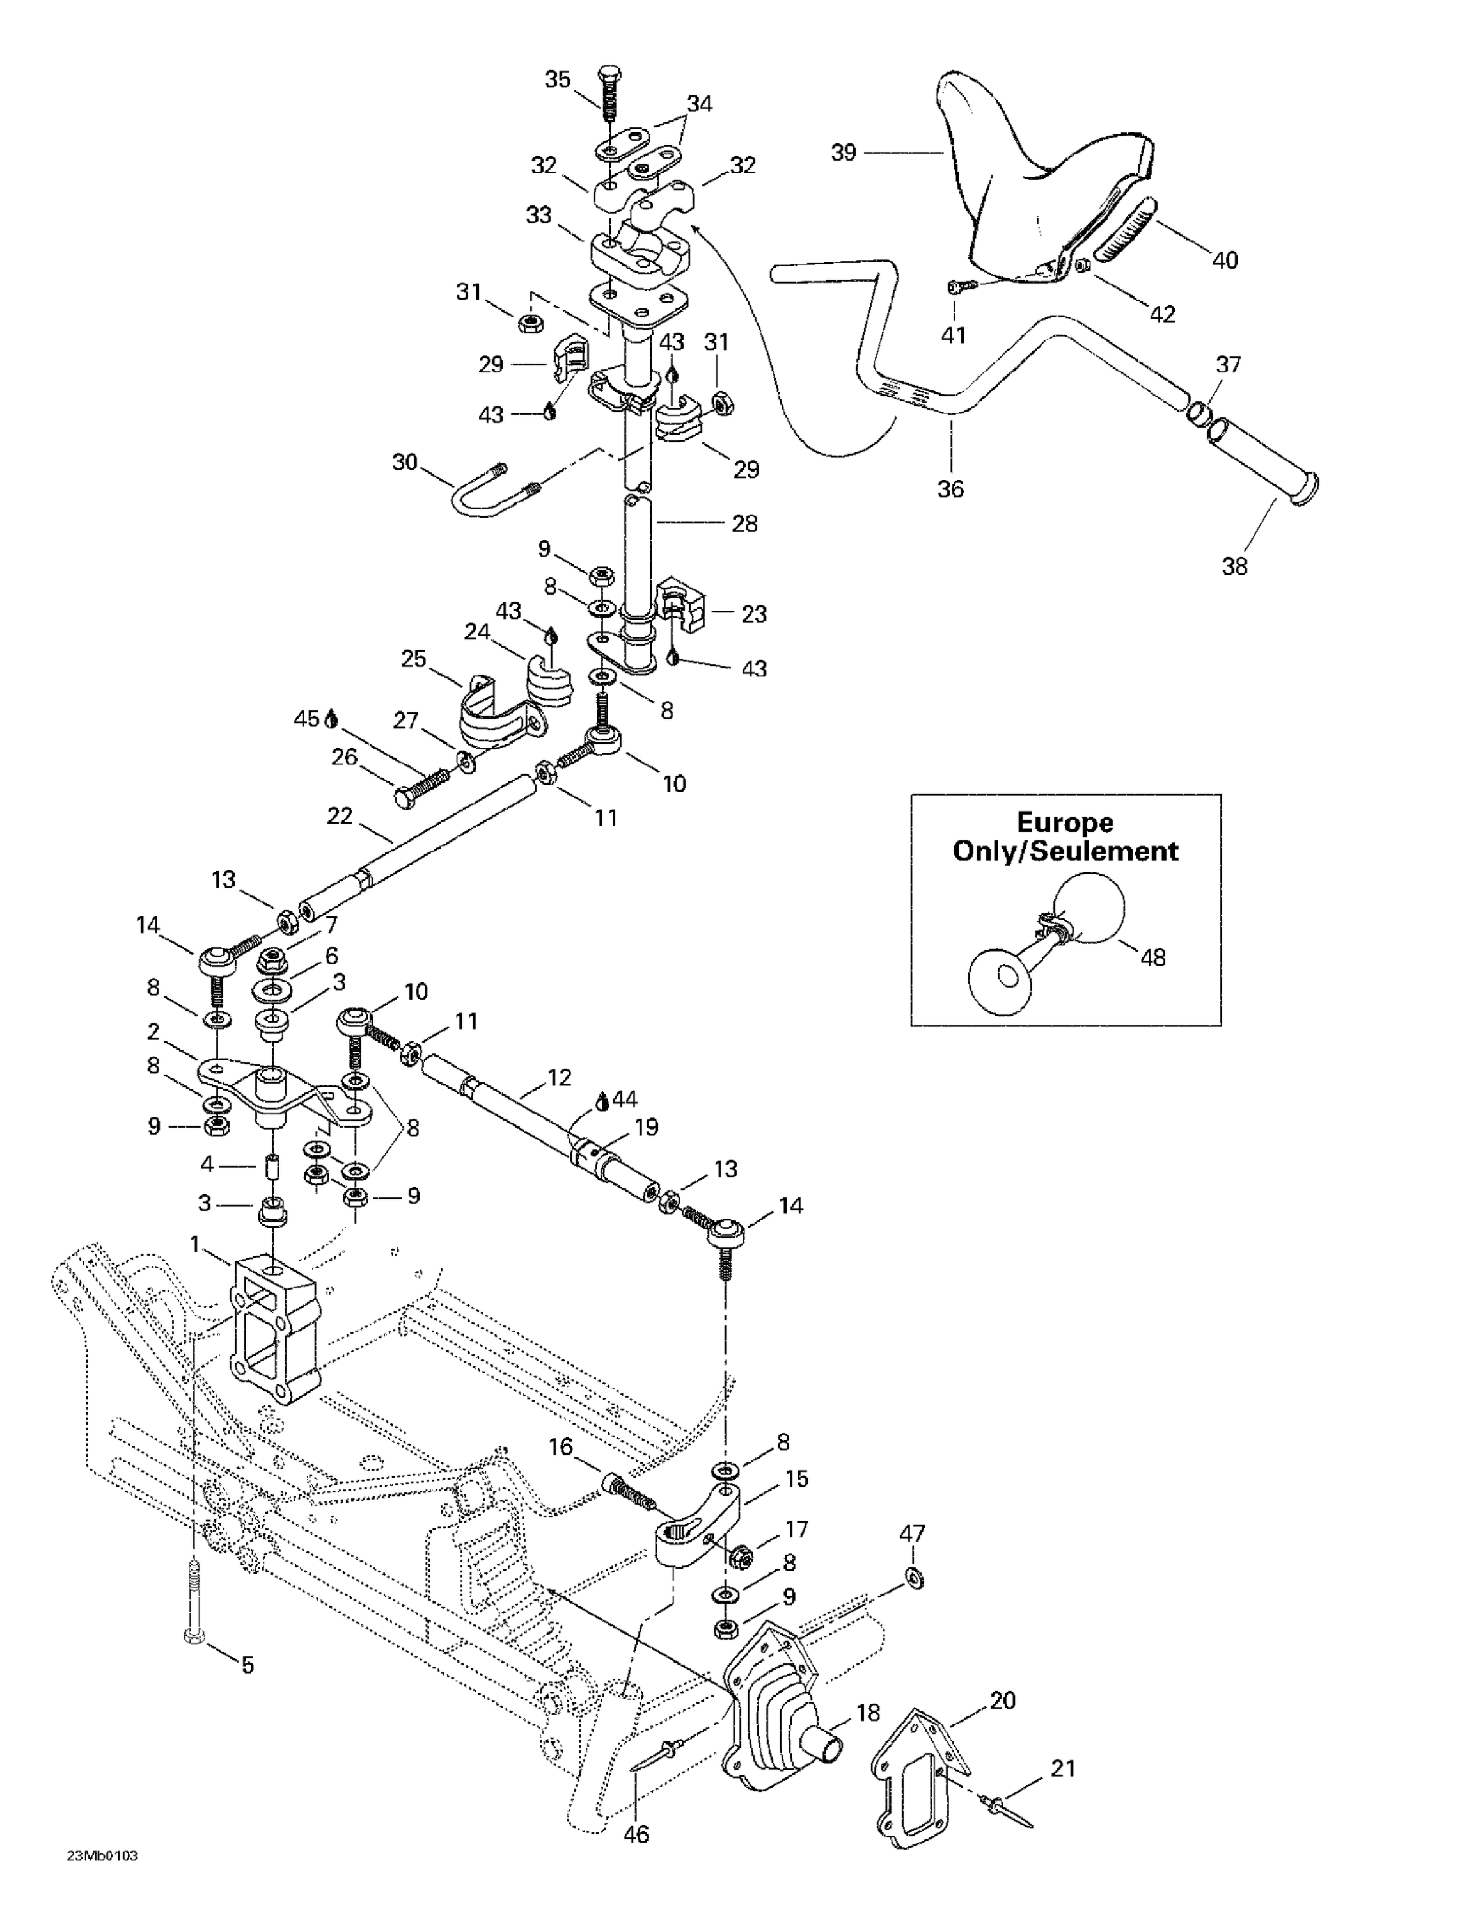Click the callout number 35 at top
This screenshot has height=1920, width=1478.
pos(557,79)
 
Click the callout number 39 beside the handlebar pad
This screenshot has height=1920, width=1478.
pos(843,153)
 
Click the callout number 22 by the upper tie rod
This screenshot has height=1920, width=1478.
pos(339,816)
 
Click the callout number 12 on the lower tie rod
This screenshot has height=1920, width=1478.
pos(559,1077)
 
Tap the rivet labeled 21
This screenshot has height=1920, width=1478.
pos(1004,1809)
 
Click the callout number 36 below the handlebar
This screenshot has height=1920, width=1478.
pos(950,489)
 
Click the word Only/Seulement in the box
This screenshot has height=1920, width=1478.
pos(1065,851)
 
